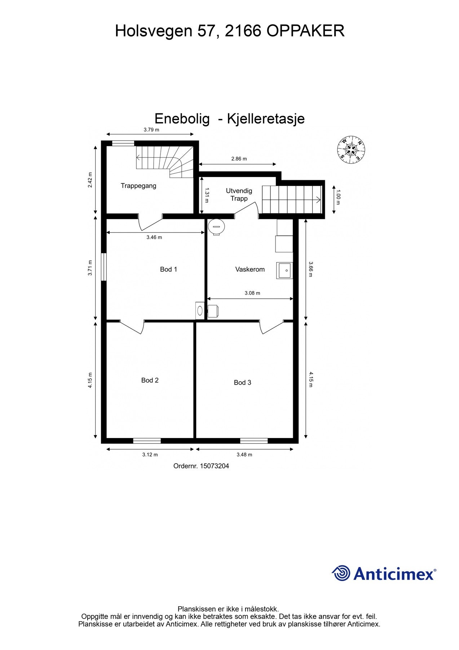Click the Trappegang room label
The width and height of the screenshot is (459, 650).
coord(138,186)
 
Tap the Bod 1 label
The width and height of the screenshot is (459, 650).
coord(168,269)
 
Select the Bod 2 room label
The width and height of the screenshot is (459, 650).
coord(150,380)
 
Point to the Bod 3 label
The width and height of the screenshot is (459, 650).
coord(242,383)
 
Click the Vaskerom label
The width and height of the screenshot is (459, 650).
coord(250,269)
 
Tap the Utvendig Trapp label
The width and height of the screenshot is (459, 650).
coord(239,195)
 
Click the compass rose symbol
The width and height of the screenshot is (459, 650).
coord(351,149)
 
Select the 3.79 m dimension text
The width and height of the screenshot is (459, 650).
coord(151,130)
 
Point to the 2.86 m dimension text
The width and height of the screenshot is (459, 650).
coord(239,159)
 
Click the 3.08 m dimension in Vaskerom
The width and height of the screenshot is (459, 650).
coord(252,293)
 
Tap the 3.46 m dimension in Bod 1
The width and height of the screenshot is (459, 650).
coord(154,238)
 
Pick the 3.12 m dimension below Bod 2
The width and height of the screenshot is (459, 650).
coord(150,455)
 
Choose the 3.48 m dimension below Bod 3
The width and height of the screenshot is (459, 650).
coord(244,455)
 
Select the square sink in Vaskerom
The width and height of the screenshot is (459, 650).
coord(284,270)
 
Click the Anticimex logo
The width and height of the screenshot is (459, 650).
coord(384,573)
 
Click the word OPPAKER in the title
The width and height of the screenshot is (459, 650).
coord(305,31)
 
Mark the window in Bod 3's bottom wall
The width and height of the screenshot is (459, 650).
coord(254,441)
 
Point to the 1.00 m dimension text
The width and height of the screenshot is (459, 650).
coord(338,197)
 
